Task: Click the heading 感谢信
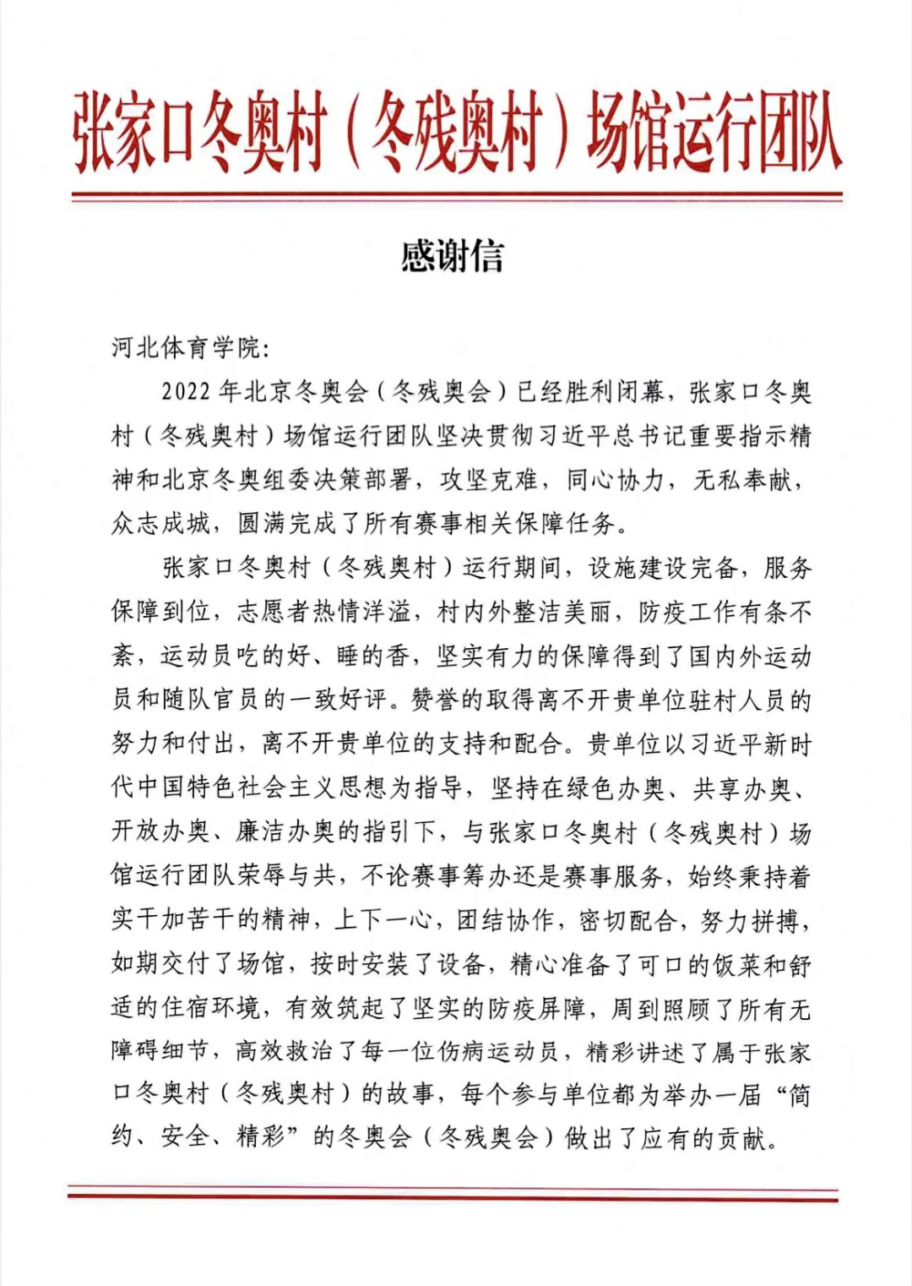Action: (453, 256)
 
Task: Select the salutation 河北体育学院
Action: (186, 347)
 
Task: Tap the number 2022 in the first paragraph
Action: (186, 392)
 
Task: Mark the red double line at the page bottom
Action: (453, 1193)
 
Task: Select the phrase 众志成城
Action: (160, 524)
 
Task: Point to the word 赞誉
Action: (436, 700)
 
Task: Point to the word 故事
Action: (410, 1095)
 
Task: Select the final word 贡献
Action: (742, 1139)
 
